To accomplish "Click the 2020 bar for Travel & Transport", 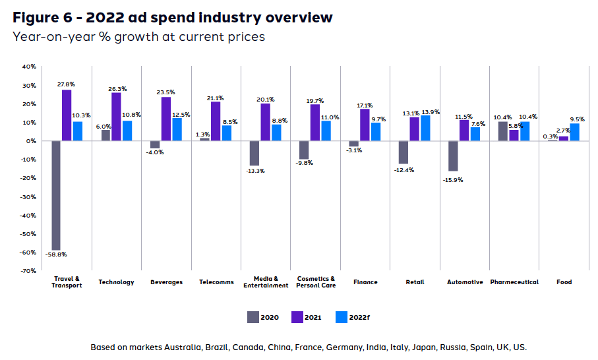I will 56,195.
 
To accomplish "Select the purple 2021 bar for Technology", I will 116,117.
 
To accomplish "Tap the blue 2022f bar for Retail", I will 425,128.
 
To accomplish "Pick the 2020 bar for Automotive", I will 454,156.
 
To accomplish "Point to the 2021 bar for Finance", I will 365,125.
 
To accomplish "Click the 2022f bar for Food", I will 575,132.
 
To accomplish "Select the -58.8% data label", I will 56,255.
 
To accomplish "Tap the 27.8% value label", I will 67,84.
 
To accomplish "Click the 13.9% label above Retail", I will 430,111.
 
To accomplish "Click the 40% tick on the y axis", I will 29,67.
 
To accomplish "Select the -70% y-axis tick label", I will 28,271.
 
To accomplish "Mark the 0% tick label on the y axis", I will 31,141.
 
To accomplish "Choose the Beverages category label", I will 166,282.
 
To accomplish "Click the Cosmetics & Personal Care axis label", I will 315,282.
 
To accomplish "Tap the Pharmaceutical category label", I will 514,282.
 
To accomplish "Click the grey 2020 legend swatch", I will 253,317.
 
